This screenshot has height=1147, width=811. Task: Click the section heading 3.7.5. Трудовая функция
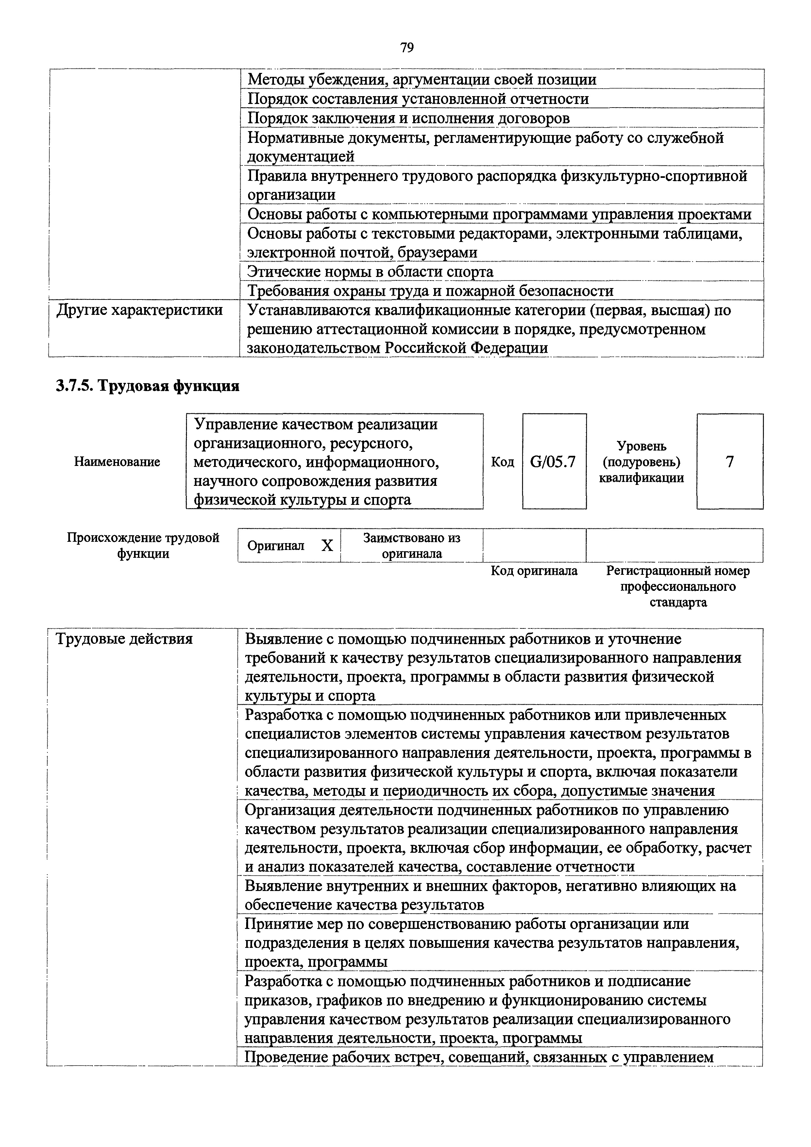click(147, 386)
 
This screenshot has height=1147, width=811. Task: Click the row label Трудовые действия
click(124, 639)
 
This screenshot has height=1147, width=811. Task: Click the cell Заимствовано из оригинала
click(412, 545)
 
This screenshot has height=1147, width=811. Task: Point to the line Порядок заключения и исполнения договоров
click(409, 118)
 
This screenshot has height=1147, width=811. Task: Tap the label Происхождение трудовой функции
click(143, 545)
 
